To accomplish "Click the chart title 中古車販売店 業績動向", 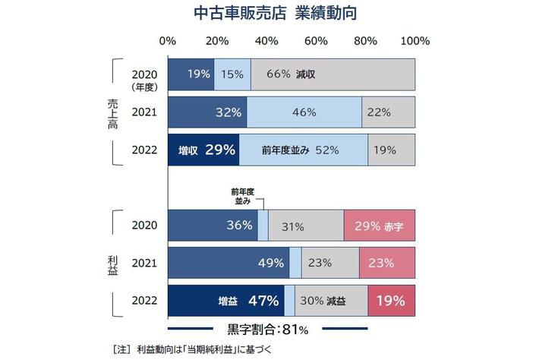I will [269, 14].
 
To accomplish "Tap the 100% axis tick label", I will [415, 41].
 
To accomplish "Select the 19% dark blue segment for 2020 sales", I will [191, 74].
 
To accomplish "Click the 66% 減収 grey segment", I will [333, 74].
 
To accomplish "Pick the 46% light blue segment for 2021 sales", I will [304, 112].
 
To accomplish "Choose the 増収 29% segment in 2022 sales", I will [203, 150].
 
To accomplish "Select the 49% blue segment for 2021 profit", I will [229, 263].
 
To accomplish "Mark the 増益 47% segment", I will [226, 301].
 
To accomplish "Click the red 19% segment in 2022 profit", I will [392, 301].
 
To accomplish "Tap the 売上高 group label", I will [113, 112].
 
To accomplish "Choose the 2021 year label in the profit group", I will [143, 263].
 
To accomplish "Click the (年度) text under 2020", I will [143, 86].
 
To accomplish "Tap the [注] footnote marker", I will [121, 349].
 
